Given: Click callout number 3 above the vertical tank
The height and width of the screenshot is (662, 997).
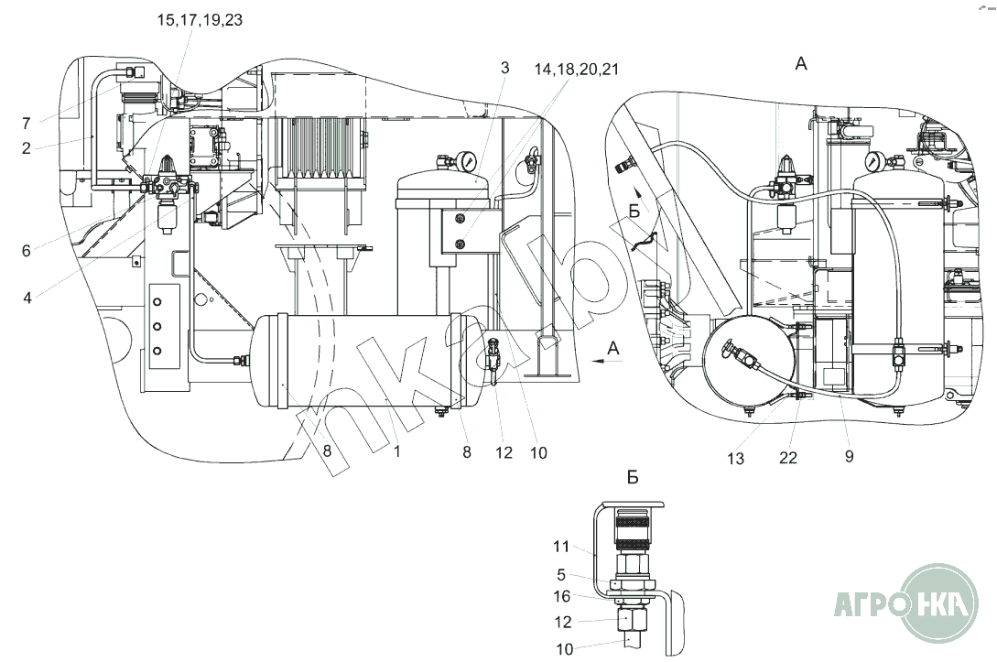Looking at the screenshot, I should (x=504, y=68).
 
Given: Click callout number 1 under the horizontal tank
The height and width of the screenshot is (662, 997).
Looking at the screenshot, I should (x=396, y=450).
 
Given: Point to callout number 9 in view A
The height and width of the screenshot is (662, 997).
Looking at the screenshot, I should (x=849, y=458).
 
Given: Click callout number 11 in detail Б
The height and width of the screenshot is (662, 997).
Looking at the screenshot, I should (x=561, y=548).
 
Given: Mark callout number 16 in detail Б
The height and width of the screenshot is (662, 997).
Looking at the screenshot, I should (x=561, y=596).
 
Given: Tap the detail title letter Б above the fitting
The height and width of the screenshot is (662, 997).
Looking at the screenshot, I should (x=633, y=477).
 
